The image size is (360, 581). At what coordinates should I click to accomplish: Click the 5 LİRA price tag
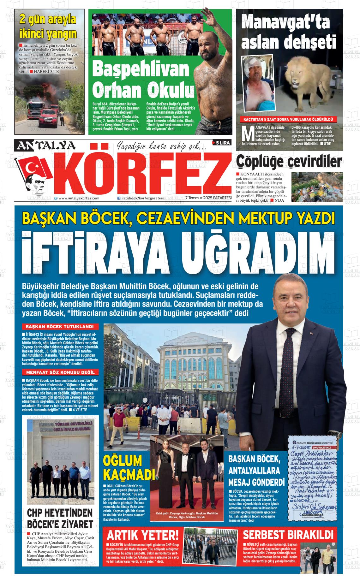coord(223,143)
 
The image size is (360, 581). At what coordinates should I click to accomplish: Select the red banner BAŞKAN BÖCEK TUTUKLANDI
coord(60,327)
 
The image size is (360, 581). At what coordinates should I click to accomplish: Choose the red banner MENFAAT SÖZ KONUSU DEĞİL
coord(60,372)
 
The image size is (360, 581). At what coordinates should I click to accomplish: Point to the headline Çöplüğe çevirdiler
coord(289,162)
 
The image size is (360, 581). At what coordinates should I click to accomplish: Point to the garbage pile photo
coord(317,187)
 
